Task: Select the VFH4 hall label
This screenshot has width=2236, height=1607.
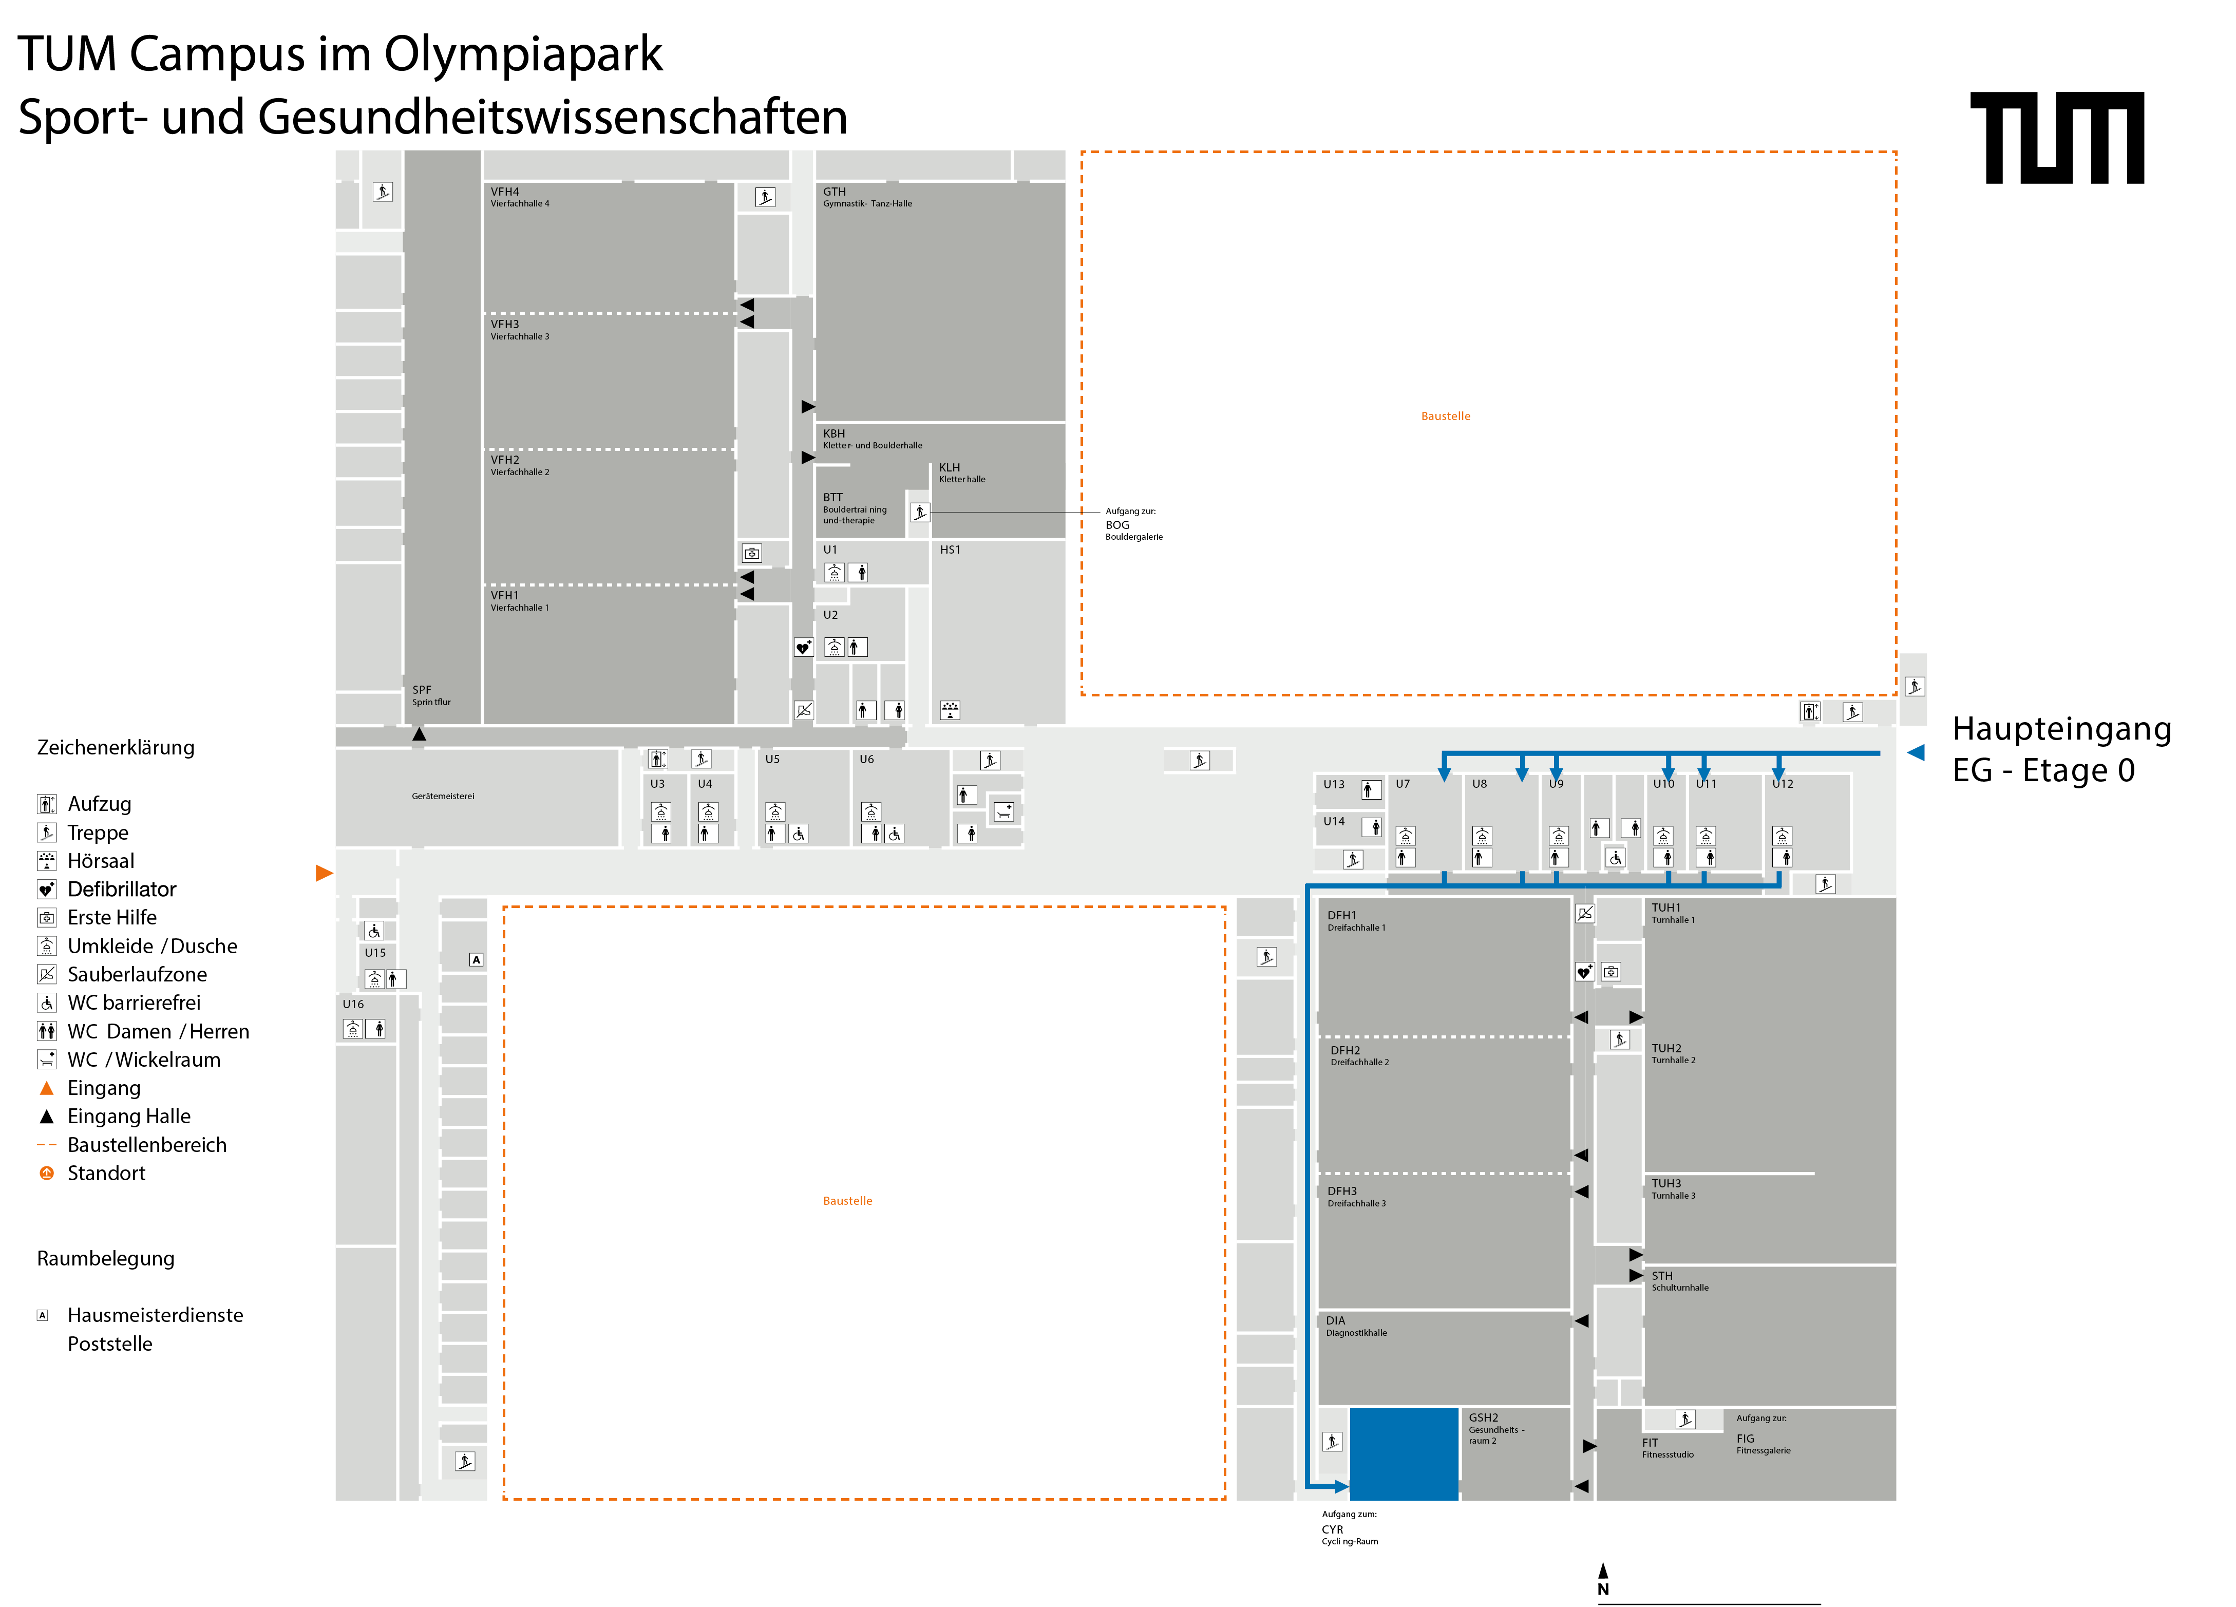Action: tap(520, 197)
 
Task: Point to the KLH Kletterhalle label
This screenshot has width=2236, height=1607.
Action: tap(961, 472)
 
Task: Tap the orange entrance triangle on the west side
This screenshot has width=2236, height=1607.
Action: tap(324, 873)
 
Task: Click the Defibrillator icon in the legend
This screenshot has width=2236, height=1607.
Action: tap(46, 890)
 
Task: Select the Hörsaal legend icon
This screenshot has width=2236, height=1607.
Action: tap(46, 861)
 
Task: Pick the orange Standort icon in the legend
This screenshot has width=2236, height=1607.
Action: tap(46, 1173)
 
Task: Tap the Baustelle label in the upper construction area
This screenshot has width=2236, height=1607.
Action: tap(1445, 416)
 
